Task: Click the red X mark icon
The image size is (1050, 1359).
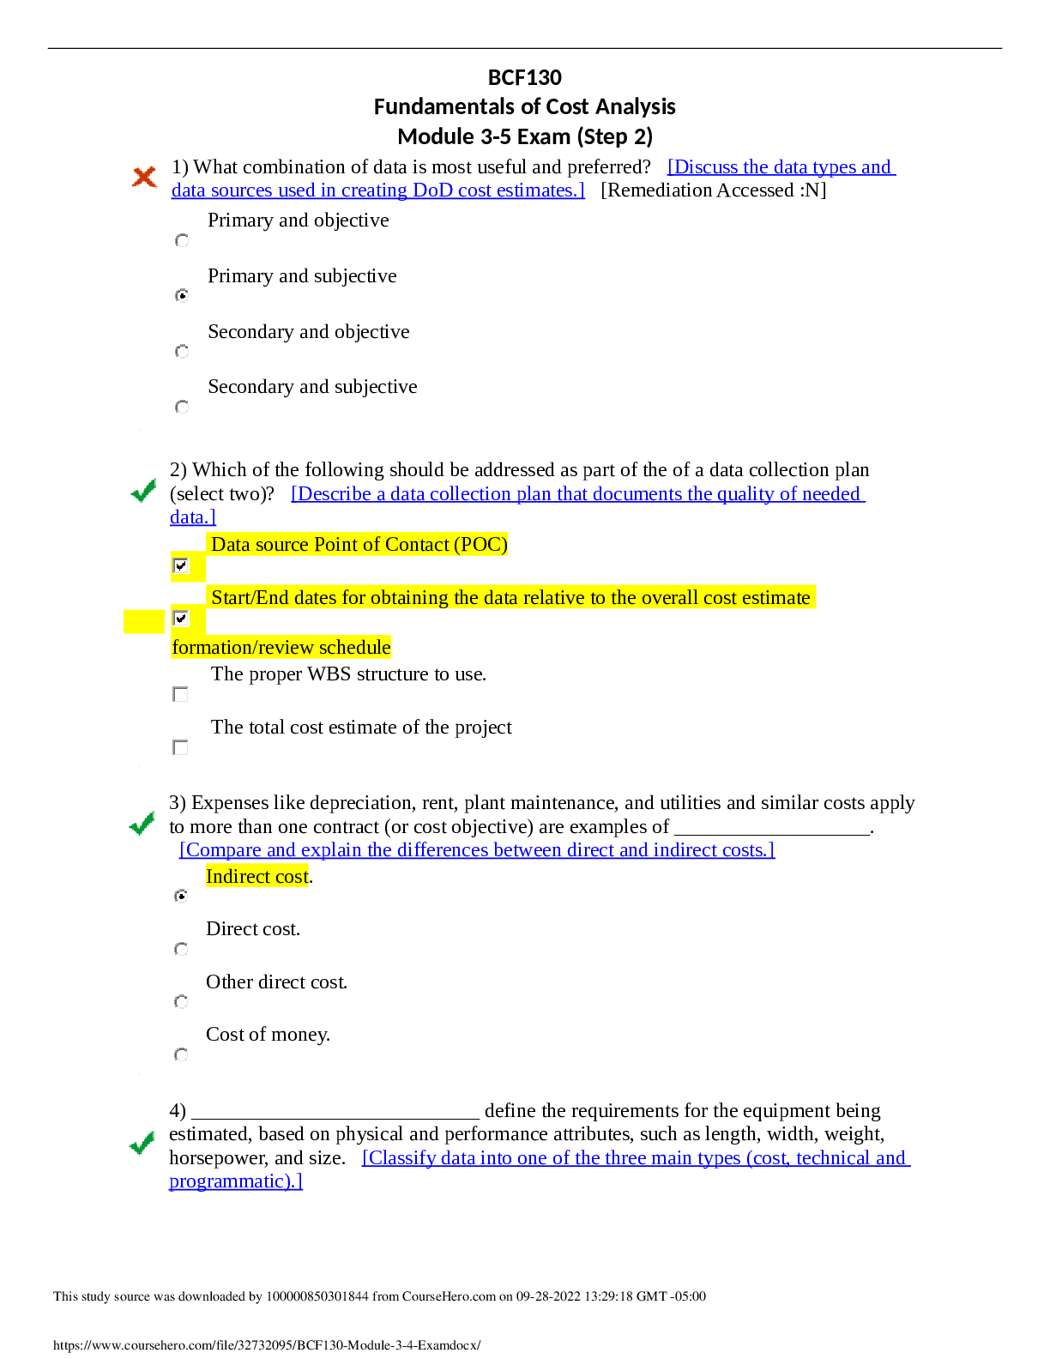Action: (144, 177)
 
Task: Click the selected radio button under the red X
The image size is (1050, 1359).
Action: (182, 295)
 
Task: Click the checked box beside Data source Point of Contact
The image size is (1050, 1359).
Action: (181, 565)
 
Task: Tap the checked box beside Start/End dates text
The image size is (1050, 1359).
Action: (181, 618)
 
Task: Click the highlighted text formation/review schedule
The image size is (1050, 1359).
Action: (281, 648)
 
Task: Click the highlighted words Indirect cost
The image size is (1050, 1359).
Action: (256, 876)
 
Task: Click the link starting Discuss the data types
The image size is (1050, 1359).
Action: (781, 167)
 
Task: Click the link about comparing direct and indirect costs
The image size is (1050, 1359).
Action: (477, 850)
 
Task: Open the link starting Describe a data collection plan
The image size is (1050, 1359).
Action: (577, 494)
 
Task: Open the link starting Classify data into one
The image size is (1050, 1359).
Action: (635, 1158)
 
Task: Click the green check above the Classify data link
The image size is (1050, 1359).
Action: (142, 1143)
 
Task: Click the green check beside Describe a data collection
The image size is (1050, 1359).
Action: (143, 490)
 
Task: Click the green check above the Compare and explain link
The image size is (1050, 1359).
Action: (142, 823)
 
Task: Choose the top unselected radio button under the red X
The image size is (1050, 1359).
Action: (182, 241)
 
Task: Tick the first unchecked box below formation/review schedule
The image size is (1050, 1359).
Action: (180, 694)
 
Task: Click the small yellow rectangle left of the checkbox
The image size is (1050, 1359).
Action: (144, 621)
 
